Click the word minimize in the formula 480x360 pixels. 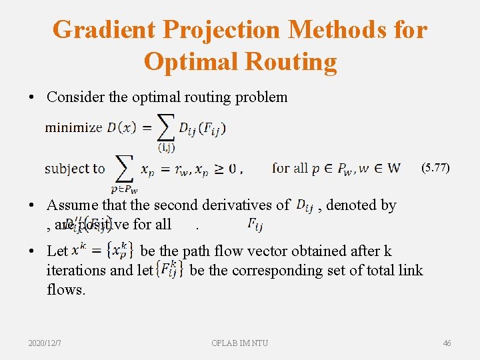(73, 128)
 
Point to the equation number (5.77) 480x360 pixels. (435, 168)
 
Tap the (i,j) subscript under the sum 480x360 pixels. (166, 147)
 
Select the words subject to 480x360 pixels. (75, 169)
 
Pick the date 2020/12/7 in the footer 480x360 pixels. (45, 343)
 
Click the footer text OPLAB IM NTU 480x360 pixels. (240, 343)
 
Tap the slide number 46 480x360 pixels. (447, 343)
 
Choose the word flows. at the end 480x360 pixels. (66, 289)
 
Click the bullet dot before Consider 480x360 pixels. (33, 97)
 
